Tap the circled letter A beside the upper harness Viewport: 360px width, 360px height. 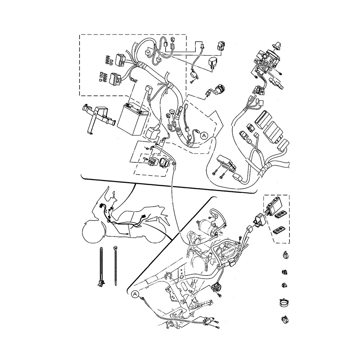(204, 135)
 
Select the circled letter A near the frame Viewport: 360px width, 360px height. (135, 294)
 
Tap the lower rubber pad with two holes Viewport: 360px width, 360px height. (278, 230)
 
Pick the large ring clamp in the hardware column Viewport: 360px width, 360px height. (285, 302)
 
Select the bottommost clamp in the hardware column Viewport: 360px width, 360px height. (285, 319)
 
